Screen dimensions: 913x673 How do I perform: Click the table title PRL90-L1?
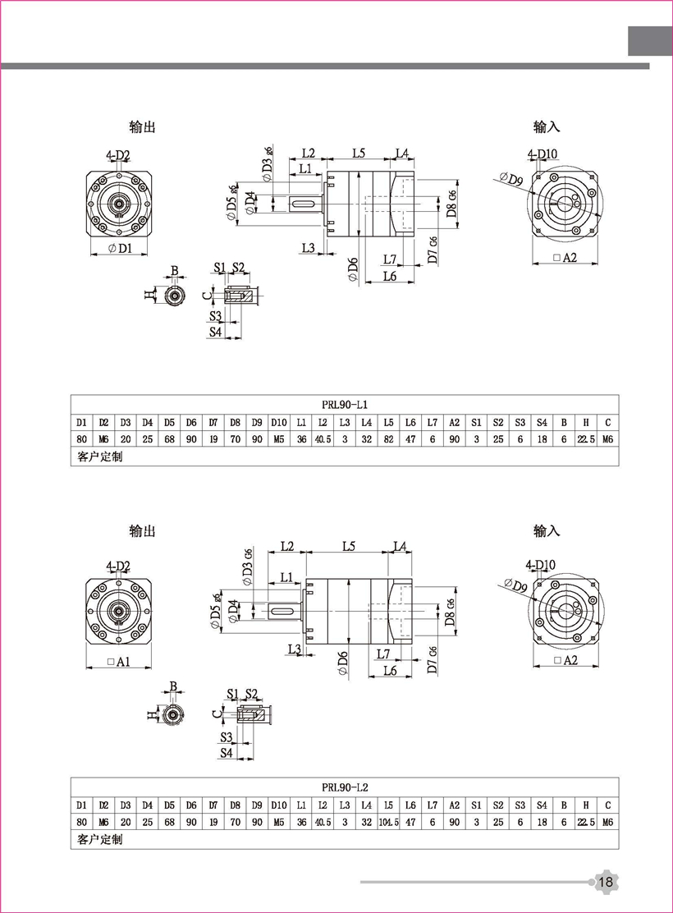pos(345,404)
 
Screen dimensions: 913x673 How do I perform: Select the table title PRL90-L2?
pos(345,786)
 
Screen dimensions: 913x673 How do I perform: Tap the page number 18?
pos(607,883)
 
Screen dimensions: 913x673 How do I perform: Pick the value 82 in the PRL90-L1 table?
pos(389,439)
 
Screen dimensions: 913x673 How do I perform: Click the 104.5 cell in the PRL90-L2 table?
pos(389,822)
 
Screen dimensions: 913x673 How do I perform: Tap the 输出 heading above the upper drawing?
pos(142,127)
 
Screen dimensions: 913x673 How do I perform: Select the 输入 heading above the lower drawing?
pos(547,531)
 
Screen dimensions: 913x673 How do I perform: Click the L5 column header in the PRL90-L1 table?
pos(389,422)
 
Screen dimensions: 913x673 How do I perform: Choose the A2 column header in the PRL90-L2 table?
pos(455,805)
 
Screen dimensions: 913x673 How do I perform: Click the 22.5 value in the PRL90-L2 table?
pos(586,822)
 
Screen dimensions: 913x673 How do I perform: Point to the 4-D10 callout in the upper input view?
pos(543,154)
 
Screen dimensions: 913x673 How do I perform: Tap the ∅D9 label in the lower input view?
pos(513,585)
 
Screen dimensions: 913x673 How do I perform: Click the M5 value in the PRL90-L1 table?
pos(279,439)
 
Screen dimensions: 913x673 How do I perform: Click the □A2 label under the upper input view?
pos(565,258)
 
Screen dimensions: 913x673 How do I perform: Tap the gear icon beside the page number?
pos(606,883)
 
